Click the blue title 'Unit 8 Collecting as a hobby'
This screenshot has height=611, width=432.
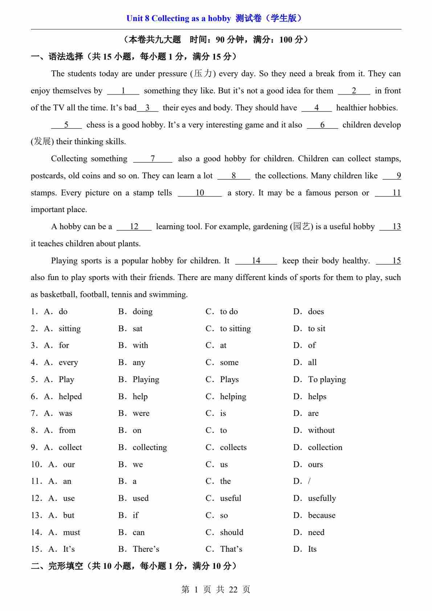[178, 19]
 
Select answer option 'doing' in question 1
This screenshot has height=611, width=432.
[142, 312]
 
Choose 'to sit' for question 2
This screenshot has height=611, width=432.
[316, 329]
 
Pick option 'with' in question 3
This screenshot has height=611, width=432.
[140, 345]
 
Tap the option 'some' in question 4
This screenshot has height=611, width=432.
[229, 363]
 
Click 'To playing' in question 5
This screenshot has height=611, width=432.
[327, 380]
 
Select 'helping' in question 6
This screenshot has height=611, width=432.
[233, 397]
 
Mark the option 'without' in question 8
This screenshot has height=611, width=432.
[321, 430]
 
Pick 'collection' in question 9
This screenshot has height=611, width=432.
[325, 448]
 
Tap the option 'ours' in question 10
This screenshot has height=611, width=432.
[315, 465]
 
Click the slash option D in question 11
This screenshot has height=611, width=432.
[309, 481]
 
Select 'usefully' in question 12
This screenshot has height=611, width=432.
[322, 498]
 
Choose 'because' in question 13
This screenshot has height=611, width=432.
[322, 515]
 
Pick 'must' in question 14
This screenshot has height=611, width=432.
[72, 533]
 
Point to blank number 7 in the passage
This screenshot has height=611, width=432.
[153, 159]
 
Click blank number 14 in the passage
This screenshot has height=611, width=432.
[256, 261]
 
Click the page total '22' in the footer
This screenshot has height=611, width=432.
[233, 590]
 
